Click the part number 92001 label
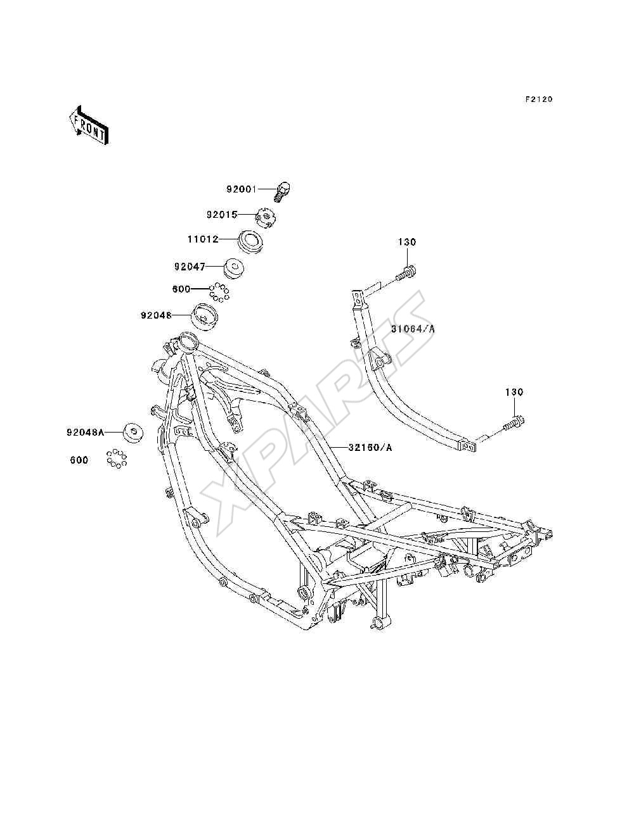point(242,189)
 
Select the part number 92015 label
point(222,215)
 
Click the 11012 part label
point(203,239)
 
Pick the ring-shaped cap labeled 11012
point(250,241)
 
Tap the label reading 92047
point(190,267)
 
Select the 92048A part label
point(85,433)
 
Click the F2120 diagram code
point(539,99)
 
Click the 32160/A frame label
point(370,448)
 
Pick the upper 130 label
point(407,242)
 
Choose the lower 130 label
point(514,393)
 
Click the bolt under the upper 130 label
point(406,273)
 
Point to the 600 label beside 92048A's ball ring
point(79,460)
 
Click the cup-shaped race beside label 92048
point(205,318)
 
